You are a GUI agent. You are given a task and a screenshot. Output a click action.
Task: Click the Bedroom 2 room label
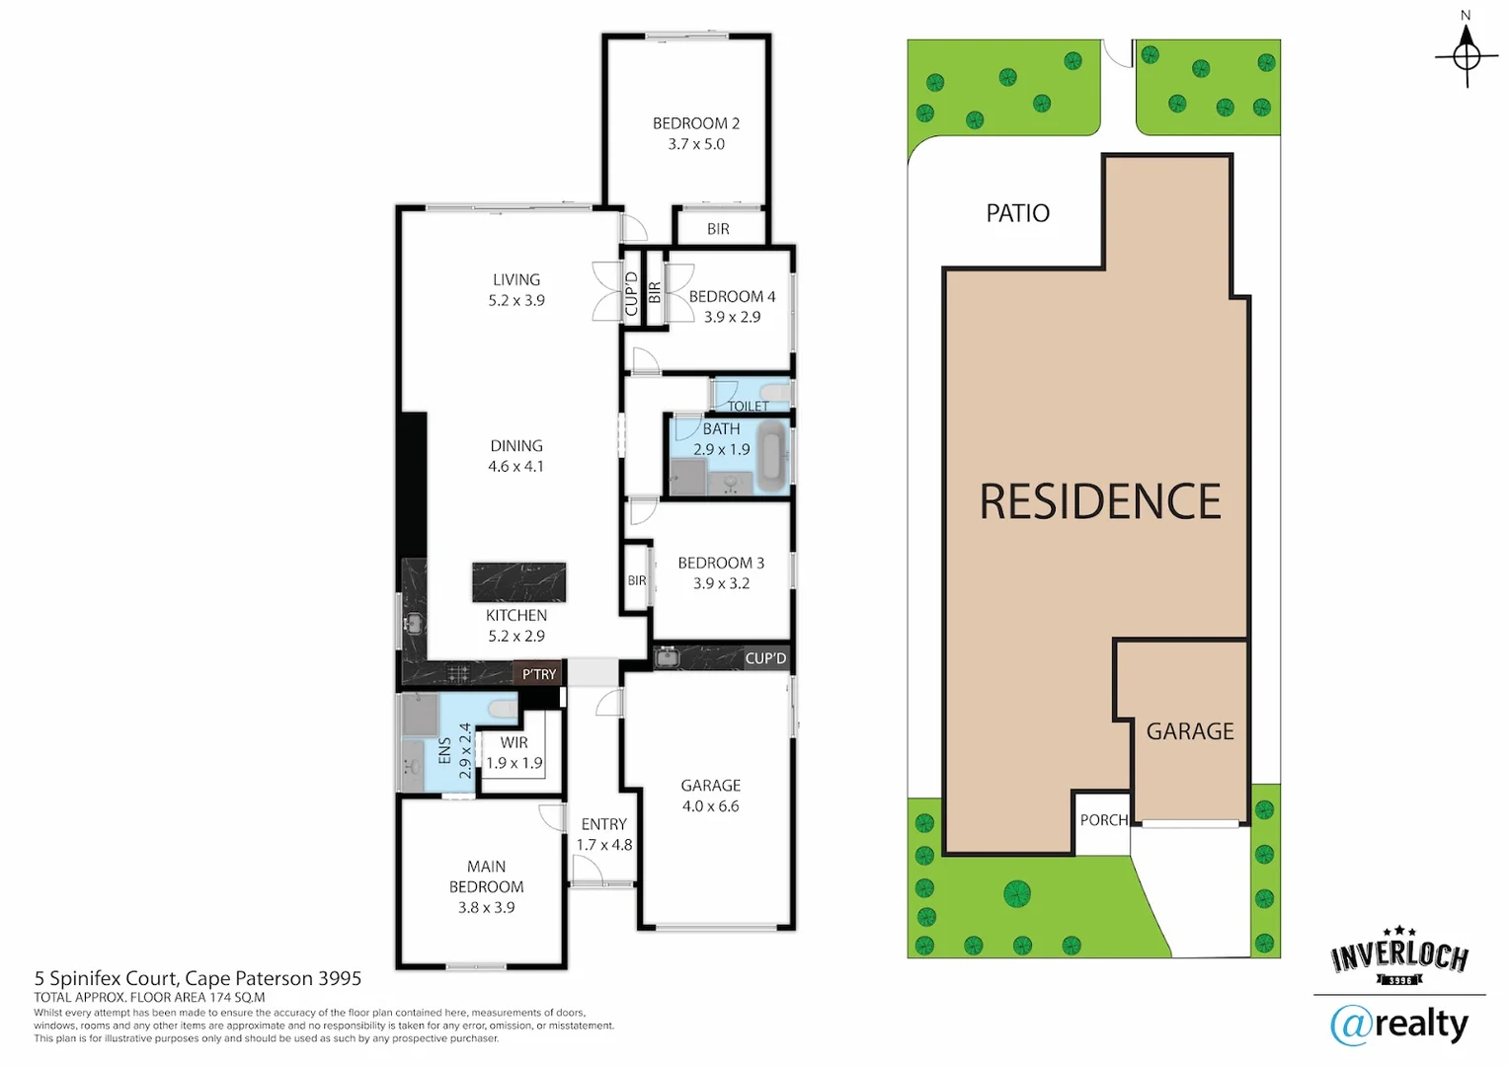[695, 123]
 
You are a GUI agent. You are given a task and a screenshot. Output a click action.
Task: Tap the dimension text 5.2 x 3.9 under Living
[516, 301]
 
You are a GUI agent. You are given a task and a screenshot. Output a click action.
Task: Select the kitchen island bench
[518, 582]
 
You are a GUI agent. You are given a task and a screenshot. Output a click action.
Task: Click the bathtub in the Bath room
[772, 456]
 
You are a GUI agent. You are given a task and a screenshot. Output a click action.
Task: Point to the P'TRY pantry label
[539, 674]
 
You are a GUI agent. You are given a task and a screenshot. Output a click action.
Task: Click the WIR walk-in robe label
[514, 743]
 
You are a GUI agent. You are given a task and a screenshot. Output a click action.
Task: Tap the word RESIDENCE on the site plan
[1099, 501]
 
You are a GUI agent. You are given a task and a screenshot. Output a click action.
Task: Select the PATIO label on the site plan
[1017, 213]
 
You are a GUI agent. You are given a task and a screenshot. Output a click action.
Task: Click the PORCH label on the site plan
[1103, 820]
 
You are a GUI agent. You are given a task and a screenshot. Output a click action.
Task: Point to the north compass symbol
[1467, 54]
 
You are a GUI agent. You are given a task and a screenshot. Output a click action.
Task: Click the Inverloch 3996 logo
[1399, 956]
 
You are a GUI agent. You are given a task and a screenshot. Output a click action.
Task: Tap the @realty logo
[1398, 1025]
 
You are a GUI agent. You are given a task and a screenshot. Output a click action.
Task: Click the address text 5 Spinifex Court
[198, 978]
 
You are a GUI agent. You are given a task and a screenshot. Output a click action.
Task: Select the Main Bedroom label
[486, 876]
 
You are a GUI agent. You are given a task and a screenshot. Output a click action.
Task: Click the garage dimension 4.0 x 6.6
[710, 806]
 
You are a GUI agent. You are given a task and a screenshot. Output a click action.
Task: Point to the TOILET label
[748, 406]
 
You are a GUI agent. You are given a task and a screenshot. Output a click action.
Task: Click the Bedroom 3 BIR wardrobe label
[637, 580]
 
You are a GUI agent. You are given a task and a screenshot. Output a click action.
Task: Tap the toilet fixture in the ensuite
[503, 709]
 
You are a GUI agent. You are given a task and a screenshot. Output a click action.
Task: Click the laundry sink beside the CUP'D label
[668, 657]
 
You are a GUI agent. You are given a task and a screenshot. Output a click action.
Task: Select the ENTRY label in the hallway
[603, 824]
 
